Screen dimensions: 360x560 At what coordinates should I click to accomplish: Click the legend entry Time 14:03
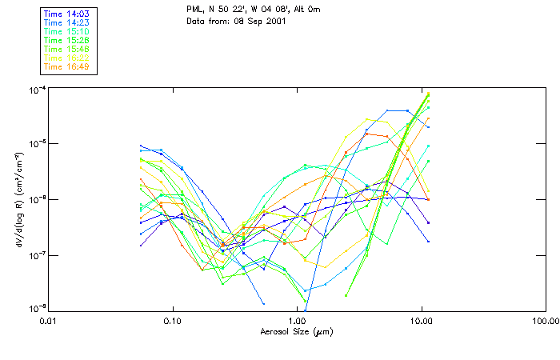pyautogui.click(x=66, y=14)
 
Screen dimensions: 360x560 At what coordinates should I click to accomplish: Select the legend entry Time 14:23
pyautogui.click(x=66, y=22)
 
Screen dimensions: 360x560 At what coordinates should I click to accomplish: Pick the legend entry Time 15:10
pyautogui.click(x=66, y=31)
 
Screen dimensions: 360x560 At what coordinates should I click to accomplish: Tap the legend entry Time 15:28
pyautogui.click(x=66, y=40)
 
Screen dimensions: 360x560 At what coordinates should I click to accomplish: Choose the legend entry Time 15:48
pyautogui.click(x=66, y=49)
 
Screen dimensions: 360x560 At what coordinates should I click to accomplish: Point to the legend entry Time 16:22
pyautogui.click(x=66, y=58)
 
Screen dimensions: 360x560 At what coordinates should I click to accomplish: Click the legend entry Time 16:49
pyautogui.click(x=66, y=66)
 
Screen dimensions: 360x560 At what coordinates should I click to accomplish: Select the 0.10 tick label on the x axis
pyautogui.click(x=173, y=321)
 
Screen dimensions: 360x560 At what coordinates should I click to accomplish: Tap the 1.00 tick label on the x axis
pyautogui.click(x=297, y=321)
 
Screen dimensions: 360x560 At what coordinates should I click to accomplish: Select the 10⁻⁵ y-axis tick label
pyautogui.click(x=36, y=144)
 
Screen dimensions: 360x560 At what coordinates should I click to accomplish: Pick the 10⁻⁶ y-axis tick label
pyautogui.click(x=36, y=199)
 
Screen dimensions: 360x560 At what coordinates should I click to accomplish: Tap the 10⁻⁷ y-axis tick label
pyautogui.click(x=36, y=255)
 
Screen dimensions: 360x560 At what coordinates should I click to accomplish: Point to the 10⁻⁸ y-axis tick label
pyautogui.click(x=36, y=310)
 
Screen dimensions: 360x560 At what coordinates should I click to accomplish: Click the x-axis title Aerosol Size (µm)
pyautogui.click(x=297, y=332)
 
